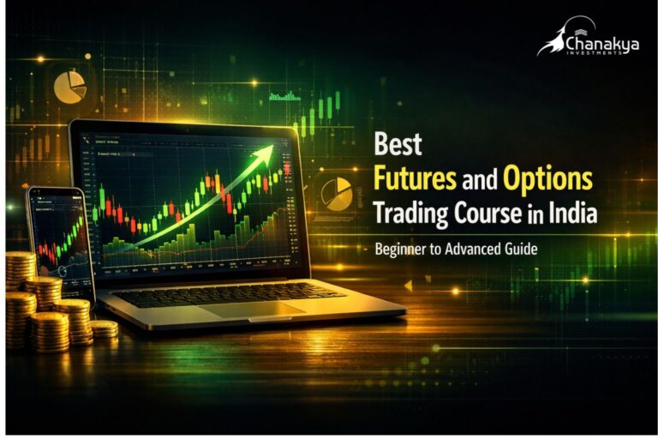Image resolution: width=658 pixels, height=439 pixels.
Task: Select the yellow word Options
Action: tap(547, 178)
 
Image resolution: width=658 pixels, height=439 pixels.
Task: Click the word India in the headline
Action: tap(571, 213)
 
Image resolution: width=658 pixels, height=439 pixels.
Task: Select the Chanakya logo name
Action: tap(601, 43)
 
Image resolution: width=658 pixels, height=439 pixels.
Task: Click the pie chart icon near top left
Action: tap(69, 87)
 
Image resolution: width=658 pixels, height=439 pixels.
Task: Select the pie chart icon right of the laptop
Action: tap(336, 193)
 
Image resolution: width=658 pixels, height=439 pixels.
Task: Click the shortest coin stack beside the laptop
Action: tap(105, 328)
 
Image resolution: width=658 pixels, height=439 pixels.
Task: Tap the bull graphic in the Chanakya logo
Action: tap(552, 39)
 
